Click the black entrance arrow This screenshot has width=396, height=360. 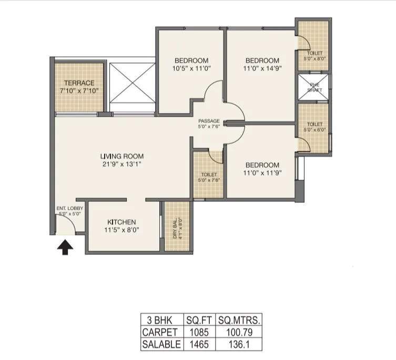pyautogui.click(x=64, y=247)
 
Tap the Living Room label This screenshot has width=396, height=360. pyautogui.click(x=122, y=156)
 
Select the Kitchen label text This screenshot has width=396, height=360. pyautogui.click(x=122, y=222)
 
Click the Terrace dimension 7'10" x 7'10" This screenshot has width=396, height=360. pyautogui.click(x=79, y=91)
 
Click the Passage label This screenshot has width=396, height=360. pyautogui.click(x=209, y=121)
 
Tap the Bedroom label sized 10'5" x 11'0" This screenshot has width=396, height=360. pyautogui.click(x=191, y=60)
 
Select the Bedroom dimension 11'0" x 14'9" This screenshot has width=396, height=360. pyautogui.click(x=261, y=69)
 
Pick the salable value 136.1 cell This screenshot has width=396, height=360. pyautogui.click(x=238, y=345)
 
